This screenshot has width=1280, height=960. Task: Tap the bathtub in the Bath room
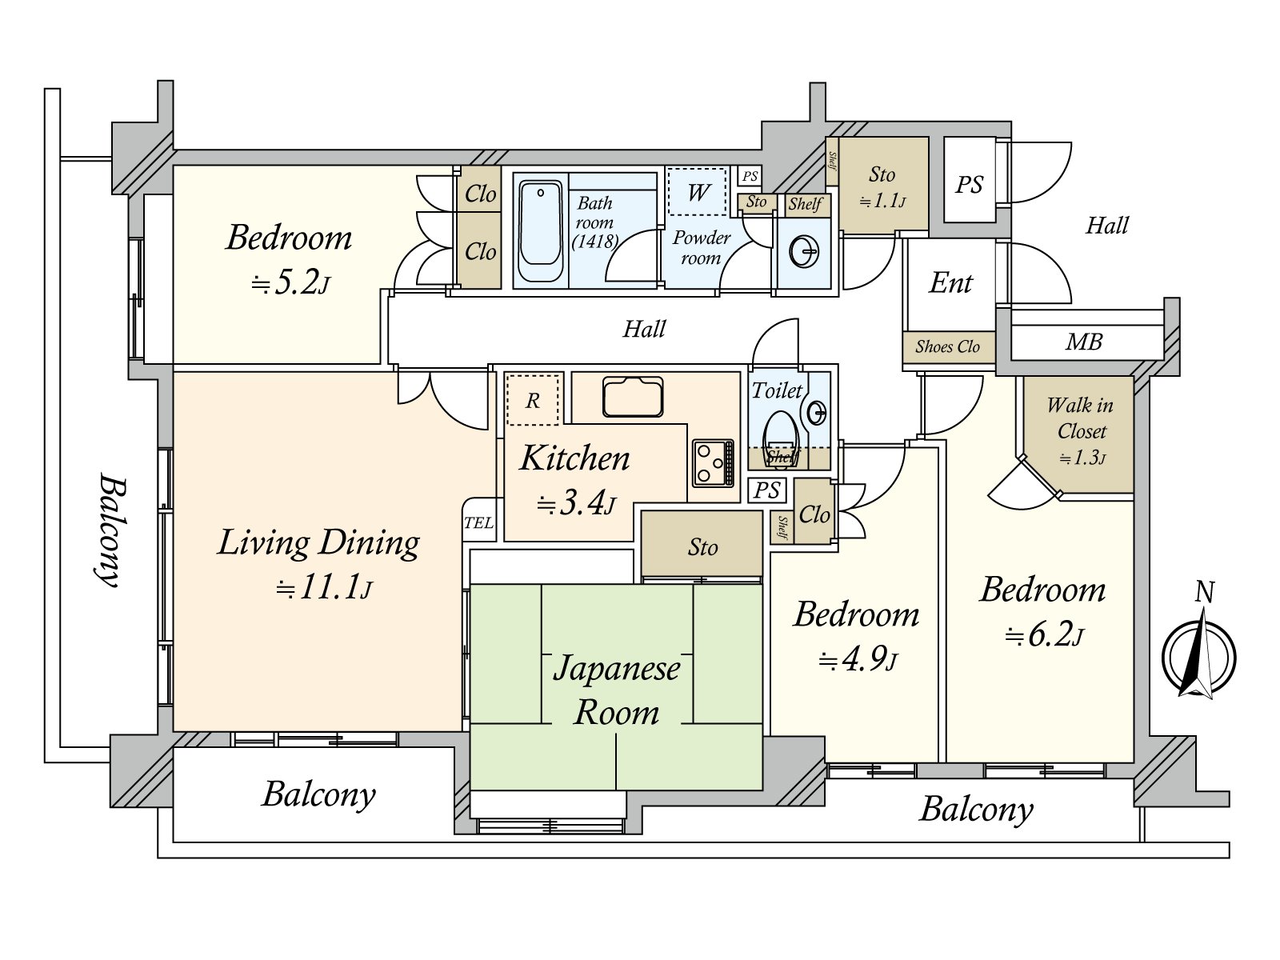pyautogui.click(x=540, y=232)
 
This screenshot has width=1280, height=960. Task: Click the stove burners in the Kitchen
pyautogui.click(x=712, y=462)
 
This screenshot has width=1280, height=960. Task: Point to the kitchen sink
pyautogui.click(x=633, y=396)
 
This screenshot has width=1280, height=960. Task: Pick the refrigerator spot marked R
pyautogui.click(x=533, y=401)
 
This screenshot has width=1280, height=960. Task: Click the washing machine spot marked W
pyautogui.click(x=698, y=192)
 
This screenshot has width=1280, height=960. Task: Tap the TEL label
pyautogui.click(x=478, y=523)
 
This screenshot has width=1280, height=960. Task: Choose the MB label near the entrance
pyautogui.click(x=1084, y=342)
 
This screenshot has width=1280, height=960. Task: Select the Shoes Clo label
pyautogui.click(x=948, y=346)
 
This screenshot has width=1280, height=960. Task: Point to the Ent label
pyautogui.click(x=950, y=283)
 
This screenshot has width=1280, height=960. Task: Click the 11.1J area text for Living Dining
pyautogui.click(x=324, y=590)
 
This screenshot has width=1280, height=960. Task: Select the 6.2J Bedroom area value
pyautogui.click(x=1044, y=636)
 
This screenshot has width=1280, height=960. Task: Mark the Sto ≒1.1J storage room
pyautogui.click(x=882, y=186)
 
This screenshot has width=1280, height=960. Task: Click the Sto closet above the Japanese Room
pyautogui.click(x=702, y=547)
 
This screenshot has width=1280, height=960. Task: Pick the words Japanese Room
pyautogui.click(x=617, y=690)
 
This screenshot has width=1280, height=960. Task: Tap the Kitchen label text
pyautogui.click(x=574, y=458)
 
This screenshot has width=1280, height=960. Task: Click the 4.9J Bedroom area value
pyautogui.click(x=858, y=661)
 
